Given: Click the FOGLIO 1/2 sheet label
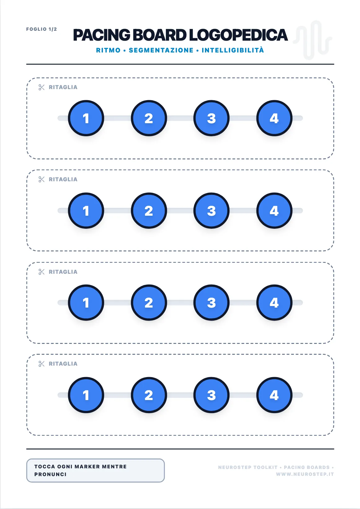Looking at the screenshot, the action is (x=41, y=29).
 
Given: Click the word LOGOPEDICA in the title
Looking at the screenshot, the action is (x=238, y=35).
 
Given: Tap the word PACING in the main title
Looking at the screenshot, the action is (x=101, y=35).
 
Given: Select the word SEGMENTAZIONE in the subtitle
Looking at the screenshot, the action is (x=161, y=50).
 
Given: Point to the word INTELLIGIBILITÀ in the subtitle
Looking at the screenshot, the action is (x=233, y=50).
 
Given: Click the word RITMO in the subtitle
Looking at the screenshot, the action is (x=108, y=50).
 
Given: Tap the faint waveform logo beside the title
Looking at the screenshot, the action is (x=312, y=40).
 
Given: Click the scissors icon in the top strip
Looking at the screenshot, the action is (x=42, y=87).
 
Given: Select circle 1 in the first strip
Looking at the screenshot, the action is (x=86, y=118).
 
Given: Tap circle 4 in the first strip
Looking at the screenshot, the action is (x=274, y=118).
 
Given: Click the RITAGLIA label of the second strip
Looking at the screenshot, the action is (x=63, y=179).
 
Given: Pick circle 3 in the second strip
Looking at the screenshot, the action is (x=211, y=211).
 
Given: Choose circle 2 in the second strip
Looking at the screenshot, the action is (x=149, y=211).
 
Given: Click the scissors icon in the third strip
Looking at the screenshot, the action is (x=42, y=272).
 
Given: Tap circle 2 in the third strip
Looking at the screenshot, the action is (x=149, y=303).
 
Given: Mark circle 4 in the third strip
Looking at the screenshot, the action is (x=274, y=303).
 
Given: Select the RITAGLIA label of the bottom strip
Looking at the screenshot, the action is (x=63, y=363).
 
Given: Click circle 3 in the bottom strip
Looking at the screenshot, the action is (x=211, y=395).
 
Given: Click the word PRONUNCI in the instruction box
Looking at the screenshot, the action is (x=51, y=474).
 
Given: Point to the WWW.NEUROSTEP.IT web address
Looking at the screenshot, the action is (x=305, y=474).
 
